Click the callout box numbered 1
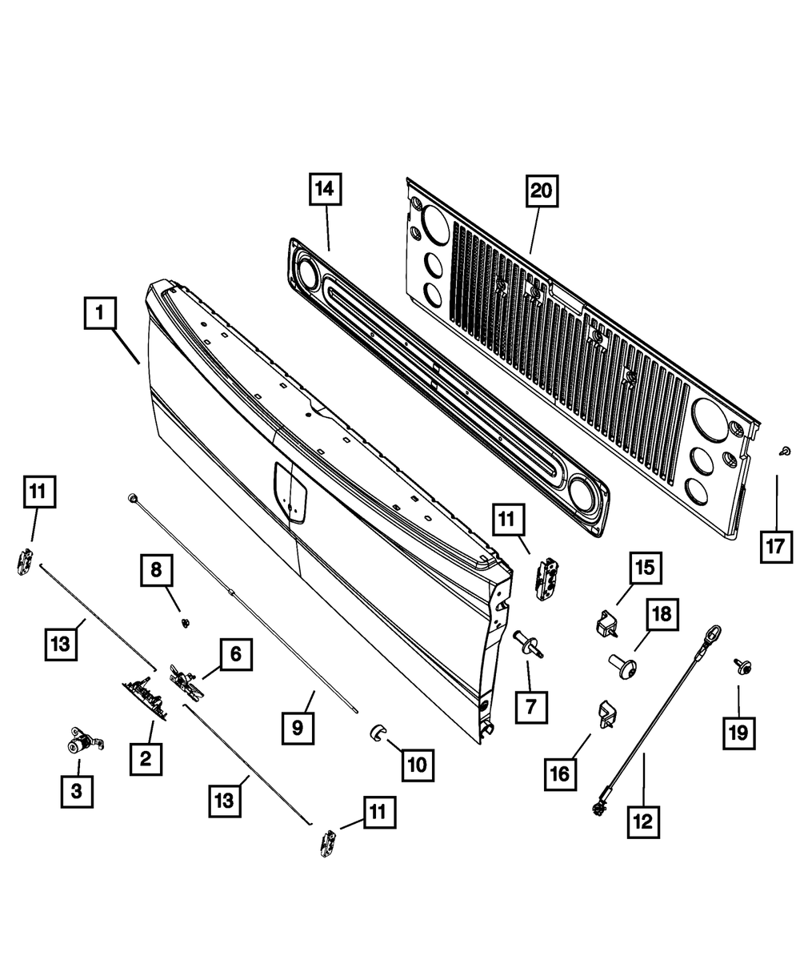click(100, 314)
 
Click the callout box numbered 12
click(644, 821)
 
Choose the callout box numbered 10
click(418, 765)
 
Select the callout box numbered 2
click(146, 757)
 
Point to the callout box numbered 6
click(235, 654)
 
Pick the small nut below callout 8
click(183, 623)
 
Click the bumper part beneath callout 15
click(610, 624)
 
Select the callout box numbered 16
click(559, 773)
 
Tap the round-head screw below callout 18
click(621, 665)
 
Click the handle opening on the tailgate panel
click(290, 492)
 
